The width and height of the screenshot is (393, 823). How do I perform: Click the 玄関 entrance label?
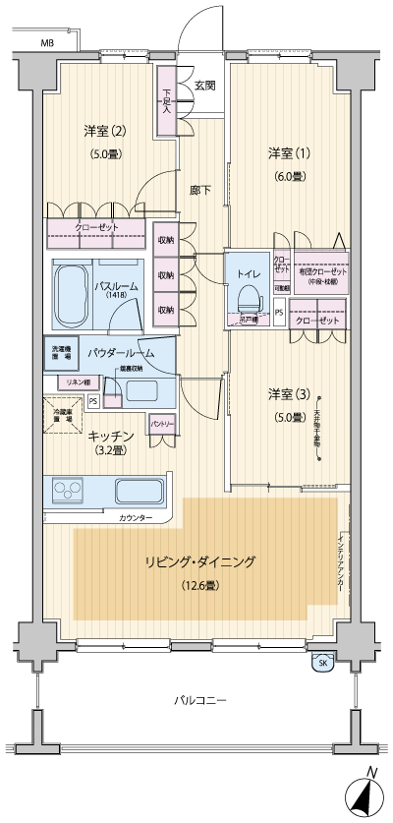[x=204, y=86]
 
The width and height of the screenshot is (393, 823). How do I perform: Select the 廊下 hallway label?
[x=199, y=190]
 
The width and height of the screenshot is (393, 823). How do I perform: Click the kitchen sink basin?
[x=140, y=491]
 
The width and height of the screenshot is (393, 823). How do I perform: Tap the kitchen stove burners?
[x=72, y=490]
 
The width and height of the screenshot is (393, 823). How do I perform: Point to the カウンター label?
[x=136, y=517]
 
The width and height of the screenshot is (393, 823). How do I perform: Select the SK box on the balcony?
[x=322, y=664]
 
